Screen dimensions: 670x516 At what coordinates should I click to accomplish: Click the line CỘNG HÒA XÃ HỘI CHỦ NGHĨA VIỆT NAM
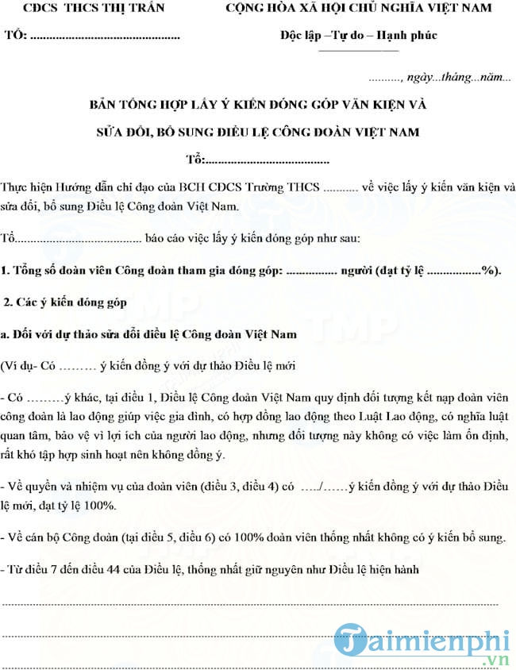(x=358, y=9)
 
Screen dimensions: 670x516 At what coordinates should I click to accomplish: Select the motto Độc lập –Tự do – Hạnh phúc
(x=359, y=36)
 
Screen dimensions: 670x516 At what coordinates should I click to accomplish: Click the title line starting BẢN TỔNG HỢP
(x=258, y=105)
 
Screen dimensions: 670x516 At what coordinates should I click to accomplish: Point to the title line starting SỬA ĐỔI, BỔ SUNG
(x=258, y=132)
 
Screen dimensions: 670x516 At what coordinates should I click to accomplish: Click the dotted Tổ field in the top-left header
(x=103, y=37)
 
